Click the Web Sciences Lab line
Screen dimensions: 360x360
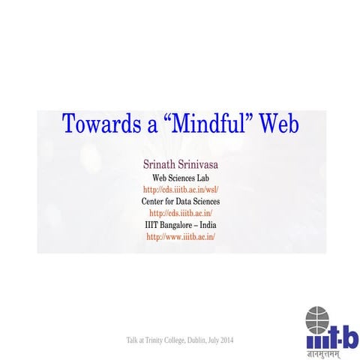pyautogui.click(x=180, y=178)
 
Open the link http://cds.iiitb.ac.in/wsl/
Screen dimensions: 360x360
pyautogui.click(x=180, y=190)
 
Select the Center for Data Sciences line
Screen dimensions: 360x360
pyautogui.click(x=180, y=202)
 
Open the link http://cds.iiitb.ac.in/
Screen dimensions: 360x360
pyautogui.click(x=180, y=214)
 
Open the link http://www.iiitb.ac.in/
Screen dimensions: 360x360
pyautogui.click(x=180, y=237)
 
